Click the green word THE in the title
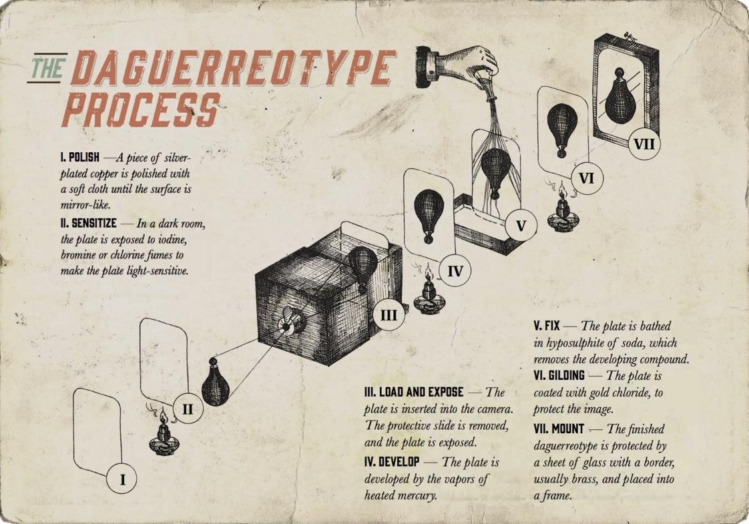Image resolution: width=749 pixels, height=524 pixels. (47, 67)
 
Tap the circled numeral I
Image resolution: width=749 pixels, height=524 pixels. (122, 479)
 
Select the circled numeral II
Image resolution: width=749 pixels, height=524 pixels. (188, 409)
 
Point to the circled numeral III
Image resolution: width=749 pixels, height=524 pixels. (389, 315)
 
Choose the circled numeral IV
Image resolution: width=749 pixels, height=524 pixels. (455, 271)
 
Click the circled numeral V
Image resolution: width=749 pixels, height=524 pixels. (521, 225)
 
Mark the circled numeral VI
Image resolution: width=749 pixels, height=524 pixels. (586, 178)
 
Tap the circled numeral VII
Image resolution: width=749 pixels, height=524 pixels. (644, 143)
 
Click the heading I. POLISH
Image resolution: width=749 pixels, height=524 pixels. (79, 157)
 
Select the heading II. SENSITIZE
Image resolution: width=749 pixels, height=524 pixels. (89, 223)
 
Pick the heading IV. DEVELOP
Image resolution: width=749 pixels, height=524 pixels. (392, 462)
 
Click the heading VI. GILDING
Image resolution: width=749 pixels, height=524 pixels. (559, 375)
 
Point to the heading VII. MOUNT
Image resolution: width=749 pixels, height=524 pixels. (558, 429)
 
